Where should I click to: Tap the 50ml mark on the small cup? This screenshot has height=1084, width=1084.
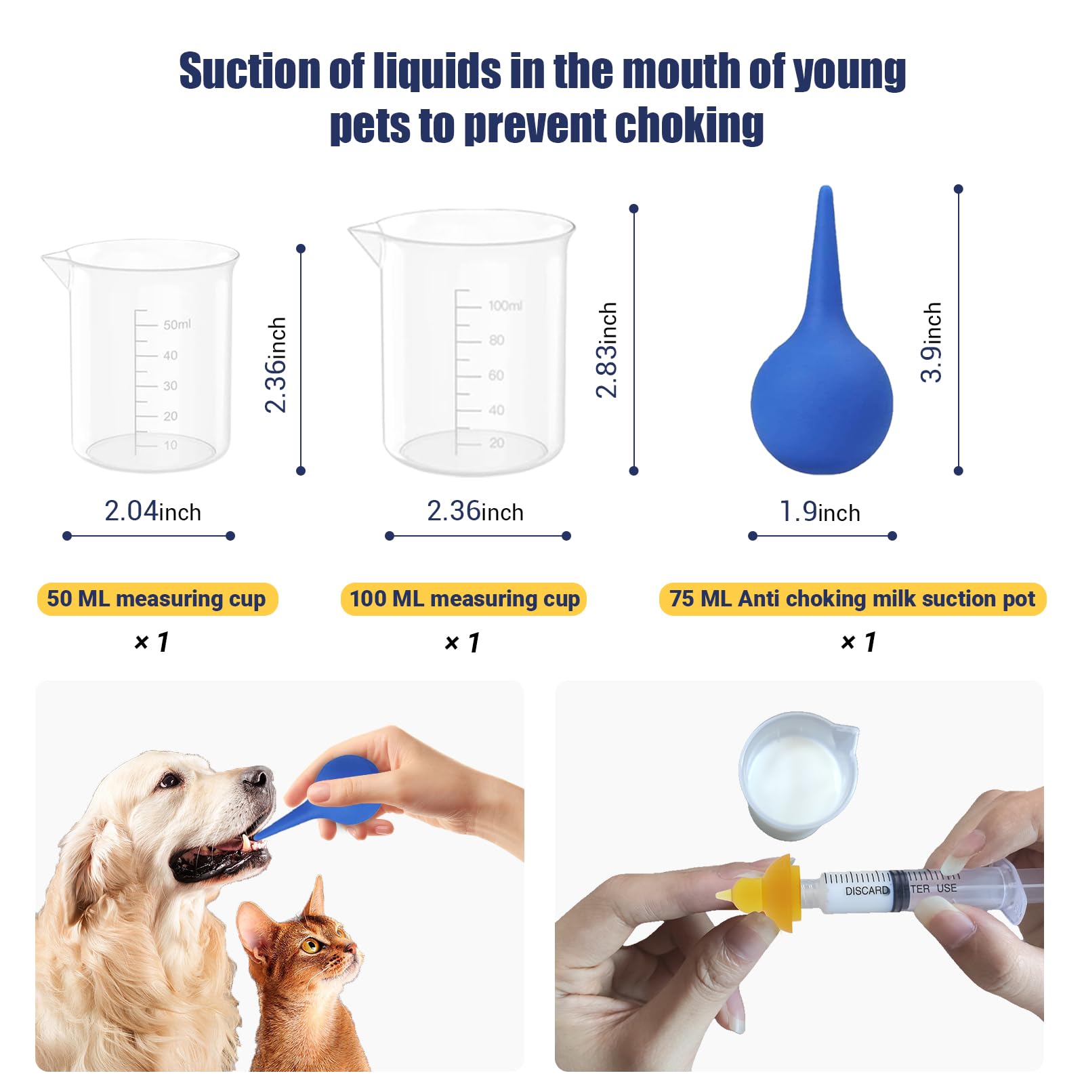[x=177, y=325]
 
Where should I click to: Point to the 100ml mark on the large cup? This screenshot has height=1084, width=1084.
[x=505, y=306]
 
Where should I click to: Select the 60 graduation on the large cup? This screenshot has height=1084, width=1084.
[x=496, y=375]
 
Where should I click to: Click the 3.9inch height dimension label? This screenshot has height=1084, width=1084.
[x=932, y=342]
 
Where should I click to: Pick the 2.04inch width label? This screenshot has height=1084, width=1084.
[x=152, y=512]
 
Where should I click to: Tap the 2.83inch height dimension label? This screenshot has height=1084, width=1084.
[x=607, y=350]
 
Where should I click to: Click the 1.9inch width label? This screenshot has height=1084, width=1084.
[x=820, y=512]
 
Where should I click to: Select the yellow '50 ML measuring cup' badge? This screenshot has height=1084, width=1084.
[x=157, y=599]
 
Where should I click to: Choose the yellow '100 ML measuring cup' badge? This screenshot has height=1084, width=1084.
[x=464, y=599]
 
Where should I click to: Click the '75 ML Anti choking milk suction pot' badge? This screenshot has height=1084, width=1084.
[x=852, y=599]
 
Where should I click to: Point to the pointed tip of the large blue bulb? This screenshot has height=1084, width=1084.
[x=825, y=192]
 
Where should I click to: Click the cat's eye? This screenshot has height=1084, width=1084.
[x=311, y=945]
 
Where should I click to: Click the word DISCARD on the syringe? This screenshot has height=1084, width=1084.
[x=867, y=890]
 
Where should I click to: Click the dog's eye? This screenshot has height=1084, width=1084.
[x=169, y=780]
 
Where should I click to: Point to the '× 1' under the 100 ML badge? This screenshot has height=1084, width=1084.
[x=462, y=642]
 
